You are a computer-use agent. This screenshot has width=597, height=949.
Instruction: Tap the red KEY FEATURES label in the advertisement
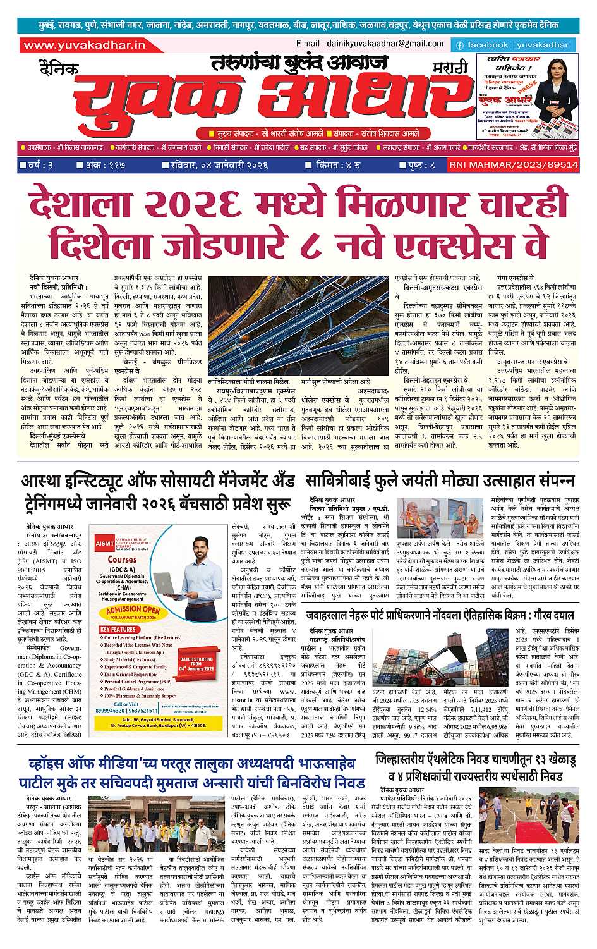[119, 629]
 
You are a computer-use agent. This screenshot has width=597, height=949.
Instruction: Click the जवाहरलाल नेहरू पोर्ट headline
[440, 615]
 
